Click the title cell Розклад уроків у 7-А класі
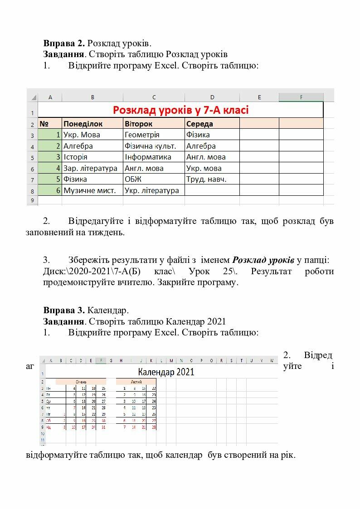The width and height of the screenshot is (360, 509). coord(180,110)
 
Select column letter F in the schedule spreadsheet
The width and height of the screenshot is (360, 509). coord(301,97)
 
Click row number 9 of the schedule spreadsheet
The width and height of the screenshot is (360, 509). coord(32,200)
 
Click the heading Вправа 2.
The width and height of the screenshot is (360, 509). coord(64,44)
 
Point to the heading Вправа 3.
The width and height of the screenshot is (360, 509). coord(64,310)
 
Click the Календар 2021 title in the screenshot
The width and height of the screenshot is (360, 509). coord(166,372)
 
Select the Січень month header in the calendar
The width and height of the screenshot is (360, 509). coord(81,382)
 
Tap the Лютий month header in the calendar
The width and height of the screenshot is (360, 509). coord(136,382)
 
